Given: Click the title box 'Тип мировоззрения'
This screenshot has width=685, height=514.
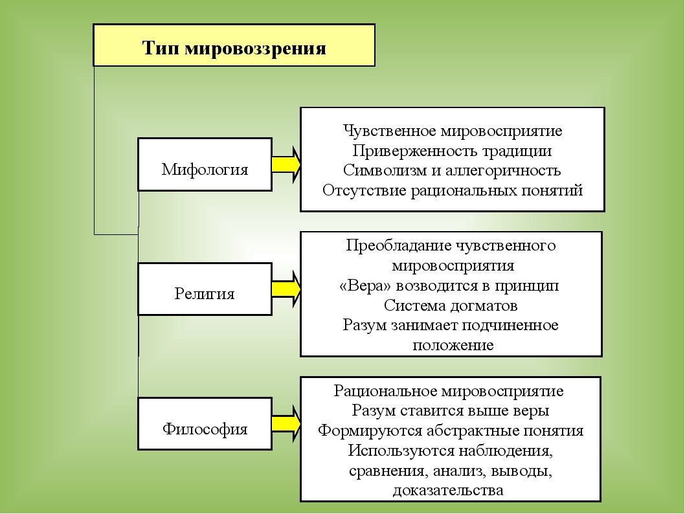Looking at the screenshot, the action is coord(234,45).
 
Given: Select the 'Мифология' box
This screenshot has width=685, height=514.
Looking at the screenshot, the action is coord(205,164).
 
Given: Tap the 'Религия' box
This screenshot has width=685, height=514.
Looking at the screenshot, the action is coord(205,289).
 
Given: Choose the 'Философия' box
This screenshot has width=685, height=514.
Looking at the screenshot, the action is coord(205,423).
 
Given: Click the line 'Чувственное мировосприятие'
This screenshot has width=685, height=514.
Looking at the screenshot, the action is coord(453,131).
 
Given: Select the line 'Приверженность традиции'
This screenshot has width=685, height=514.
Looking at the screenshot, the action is coord(452,151).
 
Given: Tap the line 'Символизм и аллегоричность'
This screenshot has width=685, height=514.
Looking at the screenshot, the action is coord(452,170).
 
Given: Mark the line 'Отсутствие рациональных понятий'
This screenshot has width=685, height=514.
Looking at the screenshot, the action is coord(453,190).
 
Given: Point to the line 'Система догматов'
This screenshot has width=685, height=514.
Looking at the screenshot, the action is coord(451,306).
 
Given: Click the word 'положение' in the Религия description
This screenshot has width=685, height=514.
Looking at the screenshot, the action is coord(453,345).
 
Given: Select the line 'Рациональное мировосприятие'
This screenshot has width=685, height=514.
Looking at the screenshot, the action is coord(449,390).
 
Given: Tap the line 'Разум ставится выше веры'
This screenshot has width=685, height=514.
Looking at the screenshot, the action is coord(451,410).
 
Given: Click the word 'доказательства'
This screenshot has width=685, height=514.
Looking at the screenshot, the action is coord(448,490).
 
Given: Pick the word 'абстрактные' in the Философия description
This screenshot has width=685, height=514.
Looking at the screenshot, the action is coord(473,430).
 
